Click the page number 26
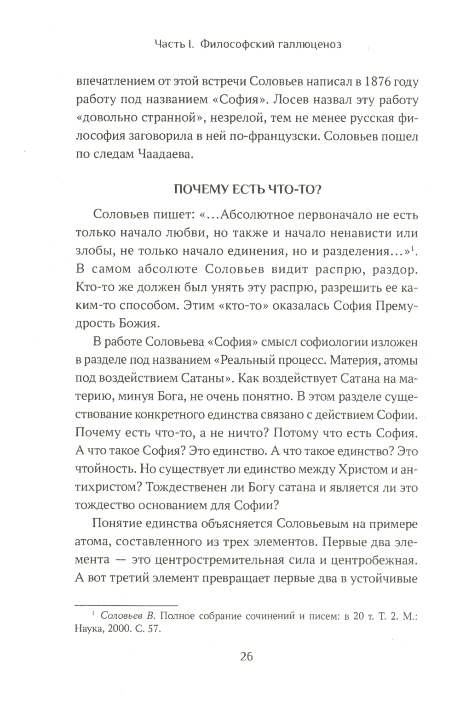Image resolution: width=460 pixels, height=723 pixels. (247, 656)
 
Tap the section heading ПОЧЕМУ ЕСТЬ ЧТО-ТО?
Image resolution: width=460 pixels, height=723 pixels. (247, 190)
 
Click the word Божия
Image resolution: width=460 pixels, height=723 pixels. (138, 323)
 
